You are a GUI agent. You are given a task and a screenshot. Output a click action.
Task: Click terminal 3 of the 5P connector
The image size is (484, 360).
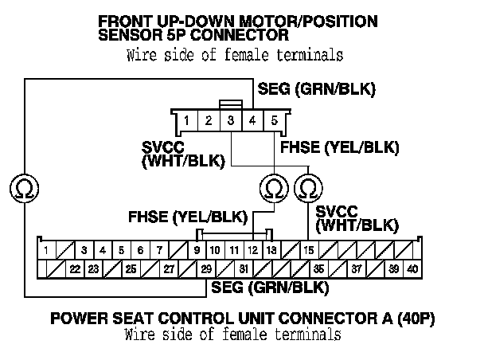click(230, 121)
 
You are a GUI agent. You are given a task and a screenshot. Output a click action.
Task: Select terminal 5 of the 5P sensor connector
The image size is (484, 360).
click(274, 121)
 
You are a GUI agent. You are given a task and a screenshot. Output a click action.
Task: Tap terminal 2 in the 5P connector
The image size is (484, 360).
click(208, 121)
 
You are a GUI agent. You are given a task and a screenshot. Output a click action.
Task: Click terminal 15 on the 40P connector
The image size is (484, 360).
click(308, 251)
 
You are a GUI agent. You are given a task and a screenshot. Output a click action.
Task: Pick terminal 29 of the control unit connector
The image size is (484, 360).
click(206, 269)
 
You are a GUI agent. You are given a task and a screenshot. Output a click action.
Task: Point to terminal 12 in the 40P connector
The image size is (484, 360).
click(252, 251)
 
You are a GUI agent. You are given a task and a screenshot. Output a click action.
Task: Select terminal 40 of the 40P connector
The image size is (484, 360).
click(412, 269)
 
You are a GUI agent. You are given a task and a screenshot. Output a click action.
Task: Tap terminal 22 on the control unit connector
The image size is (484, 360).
click(74, 269)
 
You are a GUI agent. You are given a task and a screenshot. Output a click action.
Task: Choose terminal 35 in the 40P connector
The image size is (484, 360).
click(318, 269)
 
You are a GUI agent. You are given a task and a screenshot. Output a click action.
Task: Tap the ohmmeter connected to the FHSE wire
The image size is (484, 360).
click(273, 189)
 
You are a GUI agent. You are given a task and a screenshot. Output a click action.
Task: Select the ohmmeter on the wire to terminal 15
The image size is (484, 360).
click(307, 189)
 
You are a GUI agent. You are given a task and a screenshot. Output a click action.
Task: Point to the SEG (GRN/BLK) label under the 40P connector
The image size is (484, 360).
click(267, 288)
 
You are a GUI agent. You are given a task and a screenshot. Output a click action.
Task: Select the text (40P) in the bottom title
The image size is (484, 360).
click(413, 320)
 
